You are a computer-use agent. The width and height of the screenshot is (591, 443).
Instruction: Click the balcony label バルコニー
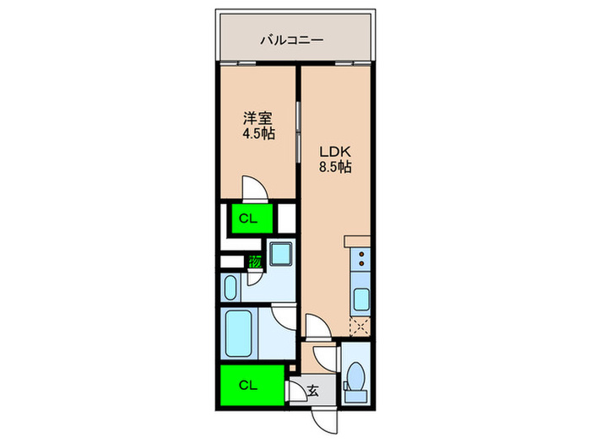(x=293, y=39)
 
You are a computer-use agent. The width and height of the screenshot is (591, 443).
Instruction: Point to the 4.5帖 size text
(x=258, y=135)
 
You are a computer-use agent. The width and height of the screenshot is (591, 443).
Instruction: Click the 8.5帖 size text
(x=333, y=167)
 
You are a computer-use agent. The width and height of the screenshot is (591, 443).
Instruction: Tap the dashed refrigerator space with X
(x=360, y=325)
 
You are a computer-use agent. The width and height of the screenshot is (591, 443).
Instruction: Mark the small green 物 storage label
(x=254, y=262)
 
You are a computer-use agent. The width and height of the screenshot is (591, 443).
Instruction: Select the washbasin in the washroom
(x=232, y=288)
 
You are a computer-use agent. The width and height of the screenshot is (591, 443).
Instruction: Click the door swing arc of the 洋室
(x=256, y=188)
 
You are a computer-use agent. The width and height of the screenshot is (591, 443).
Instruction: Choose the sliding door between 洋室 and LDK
(x=299, y=127)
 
